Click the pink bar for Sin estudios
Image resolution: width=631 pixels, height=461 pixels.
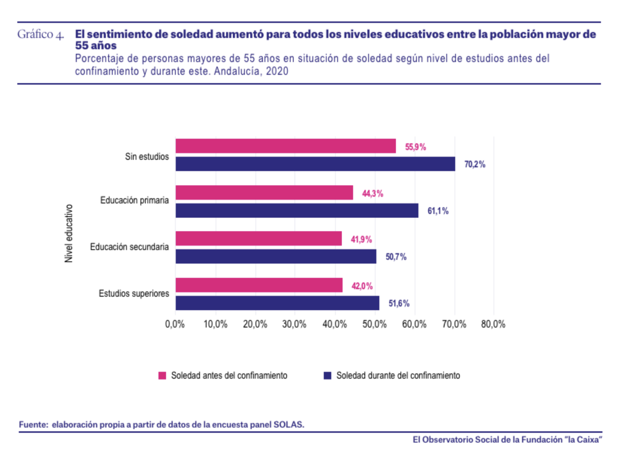pos(285,146)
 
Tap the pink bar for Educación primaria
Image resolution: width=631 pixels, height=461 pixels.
pos(264,193)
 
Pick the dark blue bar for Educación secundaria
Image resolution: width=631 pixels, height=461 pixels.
pos(276,256)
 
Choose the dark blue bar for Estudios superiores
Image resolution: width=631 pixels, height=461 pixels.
pos(277,303)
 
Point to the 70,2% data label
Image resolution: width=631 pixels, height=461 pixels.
pos(475,164)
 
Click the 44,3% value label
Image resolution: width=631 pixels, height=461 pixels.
pos(372,194)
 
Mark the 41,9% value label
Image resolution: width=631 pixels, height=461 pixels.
pos(361,240)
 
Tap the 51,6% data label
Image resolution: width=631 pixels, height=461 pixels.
pos(399,303)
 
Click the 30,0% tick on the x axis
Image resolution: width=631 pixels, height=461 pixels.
pos(294,324)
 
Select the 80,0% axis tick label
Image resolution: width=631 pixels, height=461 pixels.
pos(493,324)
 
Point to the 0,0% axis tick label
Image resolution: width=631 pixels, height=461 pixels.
pos(175,324)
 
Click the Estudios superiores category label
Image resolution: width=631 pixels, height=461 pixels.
pos(134,293)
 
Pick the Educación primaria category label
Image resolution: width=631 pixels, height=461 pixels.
pos(134,200)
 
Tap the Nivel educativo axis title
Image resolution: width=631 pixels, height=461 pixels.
pos(69,233)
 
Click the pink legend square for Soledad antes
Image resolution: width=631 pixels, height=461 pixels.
pos(162,376)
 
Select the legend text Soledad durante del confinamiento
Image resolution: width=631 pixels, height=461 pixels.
pos(398,376)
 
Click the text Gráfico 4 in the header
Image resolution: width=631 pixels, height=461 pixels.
pos(41,35)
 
